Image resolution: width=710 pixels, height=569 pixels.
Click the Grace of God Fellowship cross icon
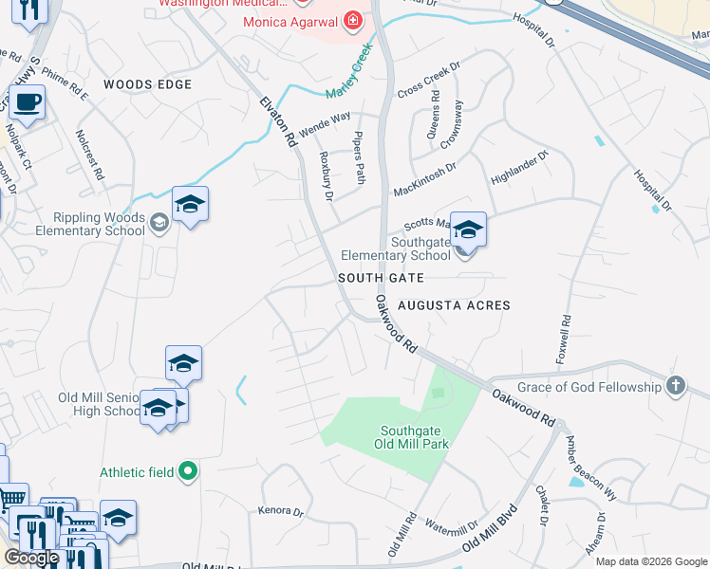(x=675, y=386)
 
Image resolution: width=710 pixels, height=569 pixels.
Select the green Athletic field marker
(x=189, y=469)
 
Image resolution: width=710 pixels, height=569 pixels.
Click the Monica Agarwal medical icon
(x=353, y=20)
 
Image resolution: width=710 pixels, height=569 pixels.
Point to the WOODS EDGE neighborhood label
(x=147, y=84)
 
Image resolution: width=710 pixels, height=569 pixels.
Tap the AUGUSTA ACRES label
(x=454, y=305)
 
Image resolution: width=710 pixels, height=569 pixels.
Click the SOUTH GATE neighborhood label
(x=381, y=278)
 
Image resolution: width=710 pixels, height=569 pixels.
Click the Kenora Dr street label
(x=280, y=511)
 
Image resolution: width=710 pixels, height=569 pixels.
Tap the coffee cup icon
(x=27, y=101)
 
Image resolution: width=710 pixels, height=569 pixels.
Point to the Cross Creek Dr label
(x=428, y=80)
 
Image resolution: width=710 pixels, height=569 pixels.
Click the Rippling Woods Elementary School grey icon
(x=159, y=222)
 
